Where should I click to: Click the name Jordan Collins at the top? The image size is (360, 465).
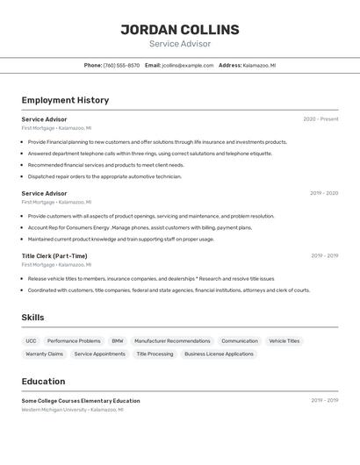[x=180, y=30]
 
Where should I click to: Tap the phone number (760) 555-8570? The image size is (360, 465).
[x=121, y=65]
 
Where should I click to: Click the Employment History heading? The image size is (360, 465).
[x=65, y=100]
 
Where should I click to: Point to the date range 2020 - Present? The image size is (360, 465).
[x=320, y=119]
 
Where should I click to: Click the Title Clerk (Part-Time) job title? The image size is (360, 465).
[x=54, y=256]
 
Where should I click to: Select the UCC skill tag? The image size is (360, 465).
[x=31, y=341]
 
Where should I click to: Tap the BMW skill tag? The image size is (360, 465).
[x=118, y=341]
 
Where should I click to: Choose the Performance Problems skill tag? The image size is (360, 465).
[x=74, y=341]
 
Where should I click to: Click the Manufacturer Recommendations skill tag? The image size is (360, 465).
[x=172, y=341]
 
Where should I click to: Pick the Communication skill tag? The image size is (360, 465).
[x=240, y=341]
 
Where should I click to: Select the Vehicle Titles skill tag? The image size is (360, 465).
[x=284, y=341]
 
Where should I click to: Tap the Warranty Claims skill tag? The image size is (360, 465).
[x=44, y=354]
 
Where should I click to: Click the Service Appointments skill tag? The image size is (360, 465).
[x=99, y=354]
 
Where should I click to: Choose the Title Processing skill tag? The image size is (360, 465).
[x=155, y=354]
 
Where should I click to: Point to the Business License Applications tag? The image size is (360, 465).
[x=219, y=354]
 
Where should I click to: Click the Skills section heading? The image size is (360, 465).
[x=32, y=318]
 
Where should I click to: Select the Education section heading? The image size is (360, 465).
[x=43, y=382]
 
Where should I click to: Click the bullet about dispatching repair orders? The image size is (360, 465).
[x=104, y=176]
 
